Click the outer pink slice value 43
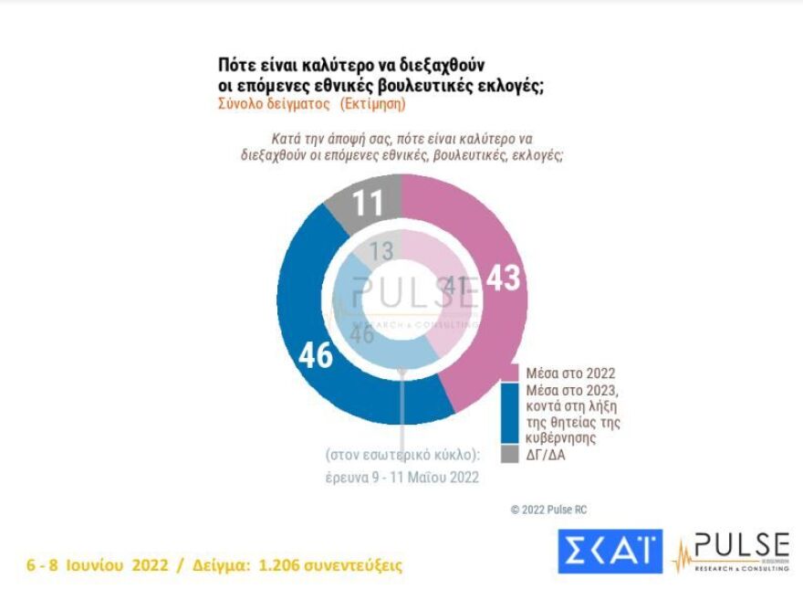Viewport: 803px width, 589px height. tap(503, 279)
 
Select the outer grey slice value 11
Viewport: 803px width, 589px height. tap(368, 203)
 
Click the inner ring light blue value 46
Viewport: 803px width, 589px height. tap(362, 334)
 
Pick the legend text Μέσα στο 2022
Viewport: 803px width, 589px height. tap(570, 373)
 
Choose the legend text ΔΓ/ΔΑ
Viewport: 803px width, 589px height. tap(545, 454)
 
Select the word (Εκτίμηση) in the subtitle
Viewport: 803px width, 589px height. tap(373, 104)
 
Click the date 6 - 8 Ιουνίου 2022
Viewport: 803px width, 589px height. tap(99, 565)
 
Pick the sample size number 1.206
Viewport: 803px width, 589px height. tap(284, 565)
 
